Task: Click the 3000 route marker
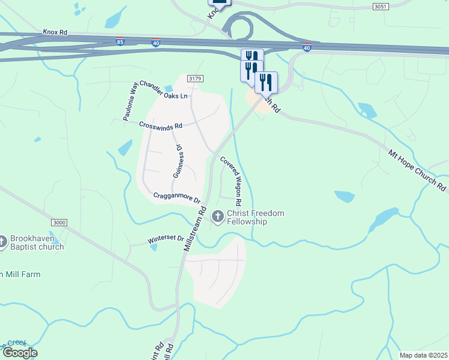tap(59, 223)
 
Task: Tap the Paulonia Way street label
tap(131, 101)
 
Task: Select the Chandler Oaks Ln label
tap(164, 95)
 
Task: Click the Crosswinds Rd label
tap(160, 125)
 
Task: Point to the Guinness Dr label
tap(178, 161)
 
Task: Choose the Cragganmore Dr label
tap(176, 196)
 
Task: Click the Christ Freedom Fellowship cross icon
tap(217, 215)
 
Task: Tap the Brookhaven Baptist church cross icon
tap(2, 240)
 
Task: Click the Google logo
tap(19, 353)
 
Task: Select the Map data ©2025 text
tap(423, 355)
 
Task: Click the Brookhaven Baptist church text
tap(37, 242)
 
